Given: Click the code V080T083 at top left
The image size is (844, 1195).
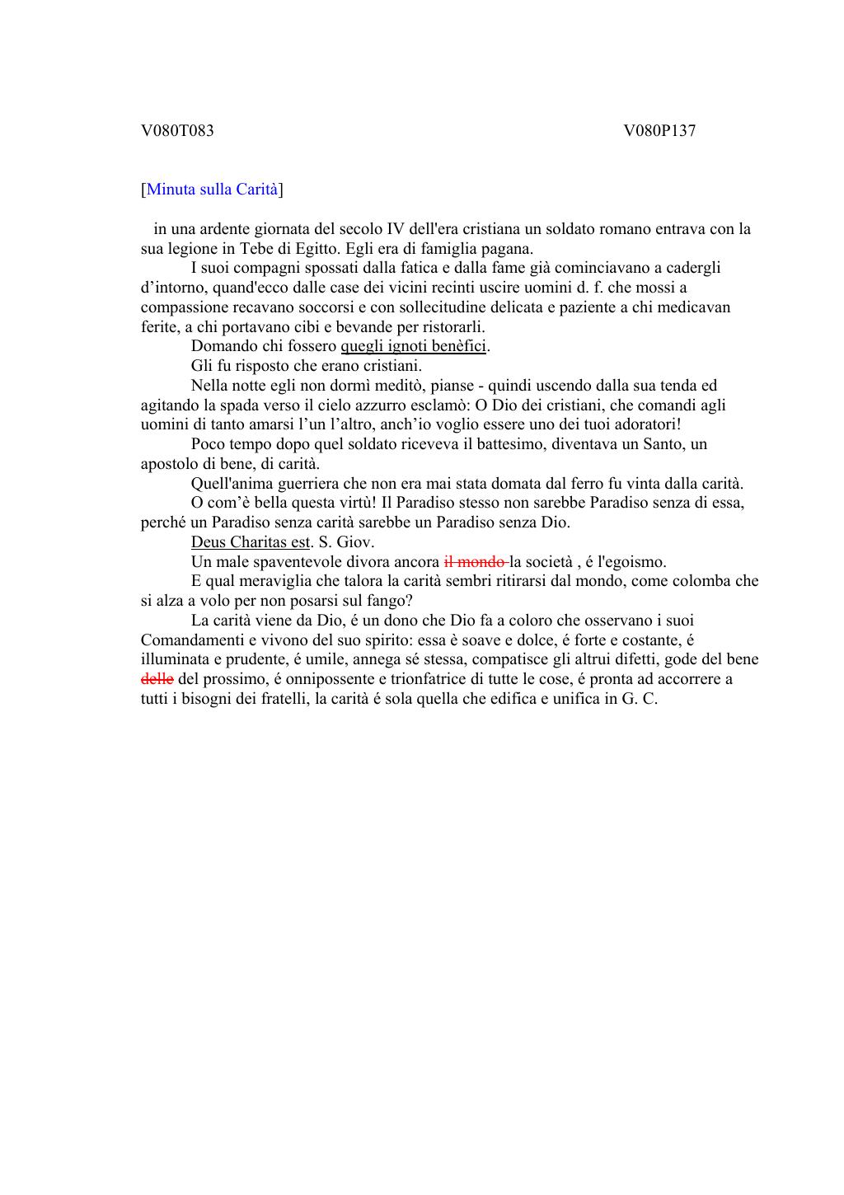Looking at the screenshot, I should [x=177, y=130].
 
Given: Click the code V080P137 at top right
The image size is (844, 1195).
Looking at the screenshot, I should [x=659, y=130].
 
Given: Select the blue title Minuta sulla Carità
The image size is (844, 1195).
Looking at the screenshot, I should [x=212, y=190].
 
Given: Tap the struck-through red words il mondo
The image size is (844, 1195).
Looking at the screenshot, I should [x=474, y=562].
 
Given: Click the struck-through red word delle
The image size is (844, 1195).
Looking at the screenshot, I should [x=157, y=679].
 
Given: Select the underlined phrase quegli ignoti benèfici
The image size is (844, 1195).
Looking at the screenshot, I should [x=413, y=346].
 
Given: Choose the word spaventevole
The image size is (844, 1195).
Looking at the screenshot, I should [x=275, y=562].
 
